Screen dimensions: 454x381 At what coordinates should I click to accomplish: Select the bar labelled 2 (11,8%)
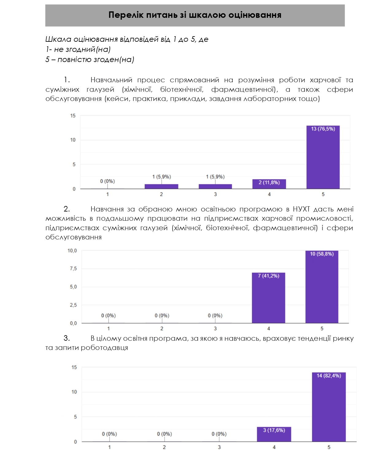click(x=269, y=184)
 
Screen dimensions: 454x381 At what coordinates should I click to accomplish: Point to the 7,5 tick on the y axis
click(x=73, y=269)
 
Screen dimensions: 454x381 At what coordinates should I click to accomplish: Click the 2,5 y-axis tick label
click(x=73, y=305)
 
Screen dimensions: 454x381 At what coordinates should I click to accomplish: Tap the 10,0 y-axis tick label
click(x=72, y=251)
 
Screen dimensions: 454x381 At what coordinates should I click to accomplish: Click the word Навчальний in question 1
click(x=111, y=80)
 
